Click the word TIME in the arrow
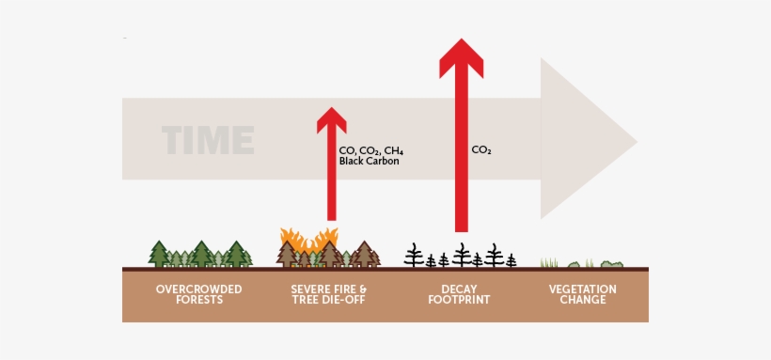click(208, 140)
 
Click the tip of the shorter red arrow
click(331, 110)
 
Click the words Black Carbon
click(370, 162)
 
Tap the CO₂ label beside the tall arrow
click(481, 149)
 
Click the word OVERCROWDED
click(199, 289)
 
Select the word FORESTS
click(199, 300)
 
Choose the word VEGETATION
click(583, 289)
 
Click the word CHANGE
click(583, 300)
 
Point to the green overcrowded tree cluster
click(200, 254)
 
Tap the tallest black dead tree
click(461, 254)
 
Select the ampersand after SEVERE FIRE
click(363, 289)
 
